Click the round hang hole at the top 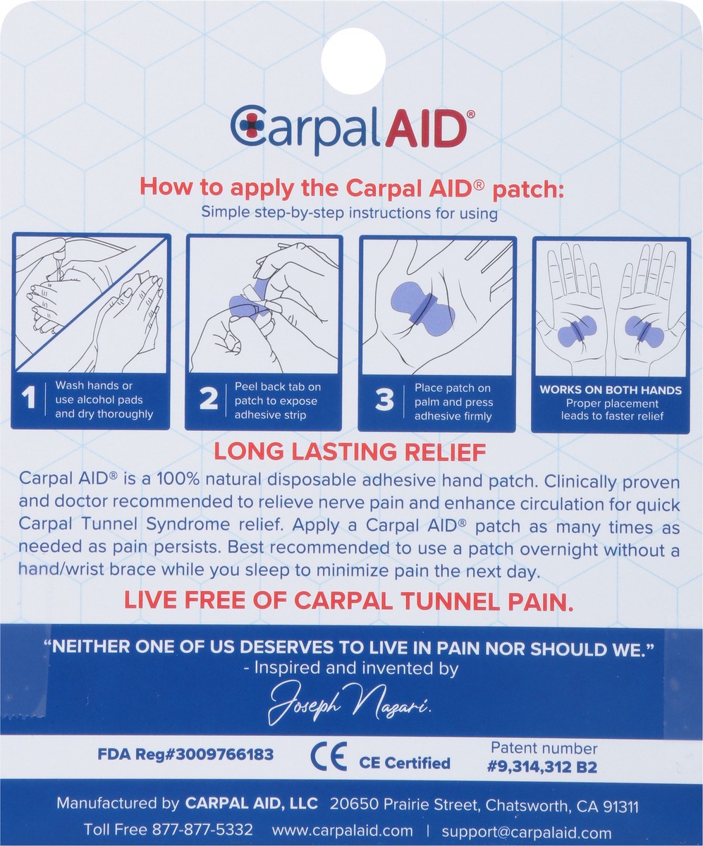[x=353, y=59]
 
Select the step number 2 [x=208, y=400]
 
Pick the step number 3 [x=384, y=400]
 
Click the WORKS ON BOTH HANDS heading [x=611, y=390]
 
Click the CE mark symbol [x=329, y=757]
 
